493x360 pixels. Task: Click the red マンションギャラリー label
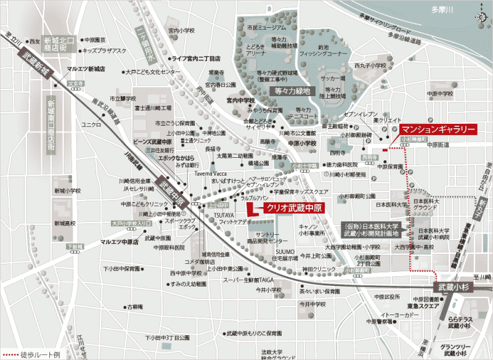point(438,129)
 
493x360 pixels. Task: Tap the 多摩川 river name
point(442,10)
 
